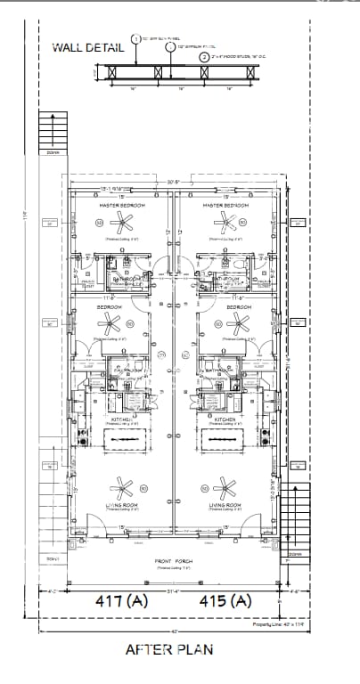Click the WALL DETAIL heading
(87, 48)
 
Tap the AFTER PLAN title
(168, 649)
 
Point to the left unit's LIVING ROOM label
(121, 505)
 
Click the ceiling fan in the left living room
(121, 487)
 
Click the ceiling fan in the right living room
(224, 487)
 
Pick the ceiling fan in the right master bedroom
(225, 223)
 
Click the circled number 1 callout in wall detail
(136, 39)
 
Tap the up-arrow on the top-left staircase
(53, 132)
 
